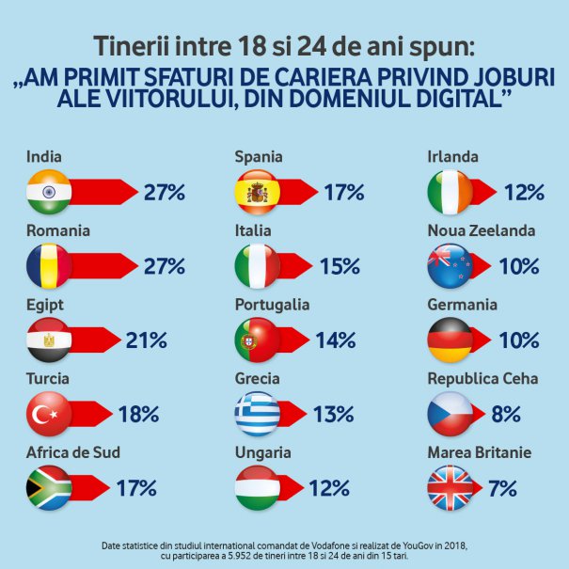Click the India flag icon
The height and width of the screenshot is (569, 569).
[49, 192]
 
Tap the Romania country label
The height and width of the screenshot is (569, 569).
[58, 230]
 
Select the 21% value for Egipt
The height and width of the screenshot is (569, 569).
[146, 340]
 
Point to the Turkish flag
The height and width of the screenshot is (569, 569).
[49, 414]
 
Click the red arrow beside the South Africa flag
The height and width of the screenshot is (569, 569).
[89, 488]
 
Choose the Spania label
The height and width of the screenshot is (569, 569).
[259, 157]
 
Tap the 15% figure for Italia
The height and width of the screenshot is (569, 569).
[340, 266]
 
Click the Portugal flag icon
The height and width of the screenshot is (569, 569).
[258, 340]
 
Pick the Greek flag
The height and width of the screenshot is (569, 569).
[258, 414]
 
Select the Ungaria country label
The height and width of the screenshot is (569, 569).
[263, 453]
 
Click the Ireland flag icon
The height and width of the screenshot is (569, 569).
[450, 192]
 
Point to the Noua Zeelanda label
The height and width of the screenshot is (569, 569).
[482, 230]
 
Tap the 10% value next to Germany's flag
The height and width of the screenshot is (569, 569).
[519, 340]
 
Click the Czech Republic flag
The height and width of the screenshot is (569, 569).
[450, 414]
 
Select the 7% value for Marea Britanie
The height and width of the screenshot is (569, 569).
[502, 488]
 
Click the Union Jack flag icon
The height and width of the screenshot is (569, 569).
[450, 488]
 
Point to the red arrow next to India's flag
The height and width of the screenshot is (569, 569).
[103, 192]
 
